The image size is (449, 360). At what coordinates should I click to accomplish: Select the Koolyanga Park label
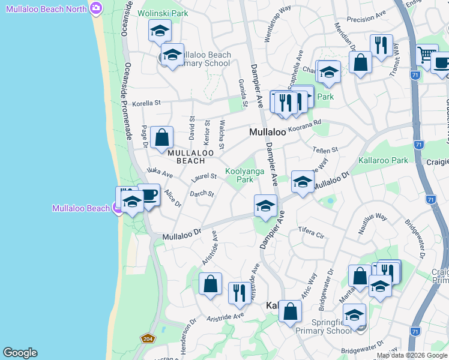240,175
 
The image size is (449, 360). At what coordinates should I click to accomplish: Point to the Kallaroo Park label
383,160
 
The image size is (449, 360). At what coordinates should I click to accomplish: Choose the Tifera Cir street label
310,232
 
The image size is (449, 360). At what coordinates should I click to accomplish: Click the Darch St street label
202,194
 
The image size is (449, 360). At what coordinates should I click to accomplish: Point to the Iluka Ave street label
160,175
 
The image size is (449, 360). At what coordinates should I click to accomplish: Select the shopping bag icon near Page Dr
162,137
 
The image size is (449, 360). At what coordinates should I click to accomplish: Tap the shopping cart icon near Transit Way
426,55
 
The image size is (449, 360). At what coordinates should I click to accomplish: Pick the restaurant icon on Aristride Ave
239,293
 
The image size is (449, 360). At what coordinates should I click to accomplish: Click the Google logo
20,353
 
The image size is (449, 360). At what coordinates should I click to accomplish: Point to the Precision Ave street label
366,19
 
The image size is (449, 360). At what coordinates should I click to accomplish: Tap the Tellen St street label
326,149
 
